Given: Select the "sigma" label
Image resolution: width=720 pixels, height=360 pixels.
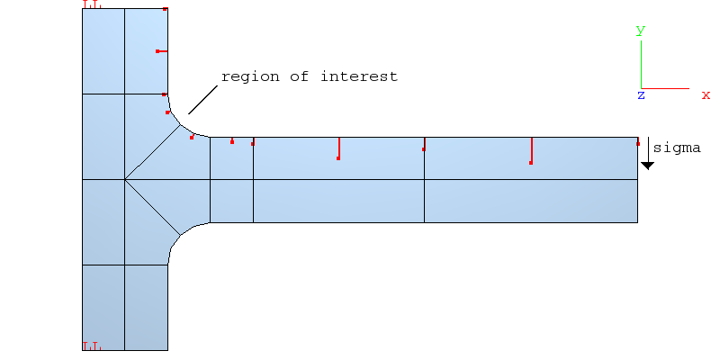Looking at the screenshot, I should pos(676,148).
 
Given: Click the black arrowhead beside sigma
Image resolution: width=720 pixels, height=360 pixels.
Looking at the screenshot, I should pos(647,166).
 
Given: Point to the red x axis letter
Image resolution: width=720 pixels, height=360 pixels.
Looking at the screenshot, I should pos(706,94).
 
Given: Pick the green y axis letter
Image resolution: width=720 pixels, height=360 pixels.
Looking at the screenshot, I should pos(641,30).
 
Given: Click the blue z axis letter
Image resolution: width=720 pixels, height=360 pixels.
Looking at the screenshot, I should pos(641,94).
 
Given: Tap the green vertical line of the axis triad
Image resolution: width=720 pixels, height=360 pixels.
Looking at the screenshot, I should pos(641,63).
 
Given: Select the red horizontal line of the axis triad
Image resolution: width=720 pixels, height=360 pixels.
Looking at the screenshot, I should pos(666,88).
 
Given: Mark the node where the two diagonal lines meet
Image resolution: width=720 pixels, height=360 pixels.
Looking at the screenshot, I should pos(125,180).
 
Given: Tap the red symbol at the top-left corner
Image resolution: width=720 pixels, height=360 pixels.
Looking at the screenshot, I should pos(92,4).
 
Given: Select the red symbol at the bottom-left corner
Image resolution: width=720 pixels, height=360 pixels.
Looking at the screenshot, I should pos(92,346).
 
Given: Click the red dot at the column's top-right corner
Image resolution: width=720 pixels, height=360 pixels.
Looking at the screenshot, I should pos(166,9).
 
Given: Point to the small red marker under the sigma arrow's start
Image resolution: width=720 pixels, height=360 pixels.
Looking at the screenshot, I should pos(638,143).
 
